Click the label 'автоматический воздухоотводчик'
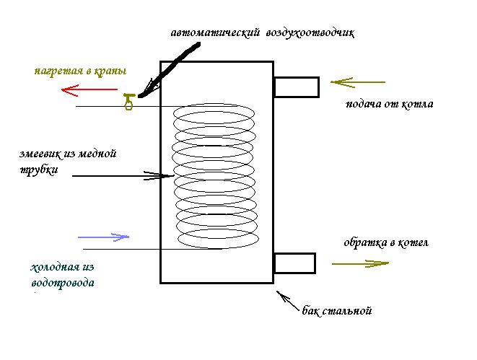tap(263, 33)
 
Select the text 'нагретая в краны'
tap(80, 71)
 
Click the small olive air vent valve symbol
tap(129, 102)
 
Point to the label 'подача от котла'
tap(390, 104)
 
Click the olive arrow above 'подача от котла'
tap(359, 82)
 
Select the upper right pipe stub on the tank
tap(296, 87)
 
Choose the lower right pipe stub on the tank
tap(294, 263)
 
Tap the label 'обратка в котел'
tap(386, 242)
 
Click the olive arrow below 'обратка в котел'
tap(360, 264)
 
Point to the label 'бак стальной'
tap(337, 312)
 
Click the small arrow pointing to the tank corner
tap(289, 300)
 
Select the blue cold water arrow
tap(103, 236)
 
